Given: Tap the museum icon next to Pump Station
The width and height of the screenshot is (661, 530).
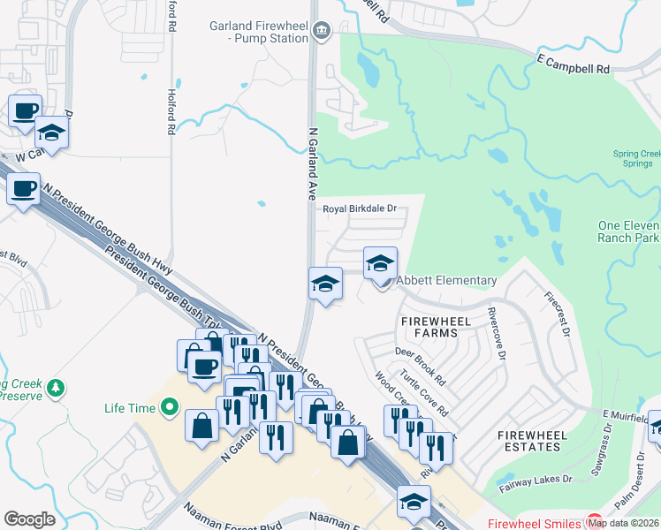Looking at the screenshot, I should click(x=322, y=32).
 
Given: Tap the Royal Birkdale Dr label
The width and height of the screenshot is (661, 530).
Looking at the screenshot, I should click(x=359, y=209).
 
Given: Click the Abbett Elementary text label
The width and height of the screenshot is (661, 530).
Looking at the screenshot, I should click(x=445, y=280).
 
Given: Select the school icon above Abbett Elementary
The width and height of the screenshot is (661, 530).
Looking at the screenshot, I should click(x=380, y=263).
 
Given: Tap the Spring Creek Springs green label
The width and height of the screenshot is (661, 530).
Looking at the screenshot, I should click(x=635, y=159).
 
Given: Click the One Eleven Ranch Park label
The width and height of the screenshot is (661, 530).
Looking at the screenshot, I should click(x=628, y=231).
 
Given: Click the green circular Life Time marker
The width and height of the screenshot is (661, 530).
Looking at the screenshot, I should click(x=169, y=408).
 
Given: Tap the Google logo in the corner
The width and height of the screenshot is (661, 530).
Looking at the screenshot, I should click(x=29, y=519).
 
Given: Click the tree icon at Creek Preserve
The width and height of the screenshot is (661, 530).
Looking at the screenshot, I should click(x=56, y=388).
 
